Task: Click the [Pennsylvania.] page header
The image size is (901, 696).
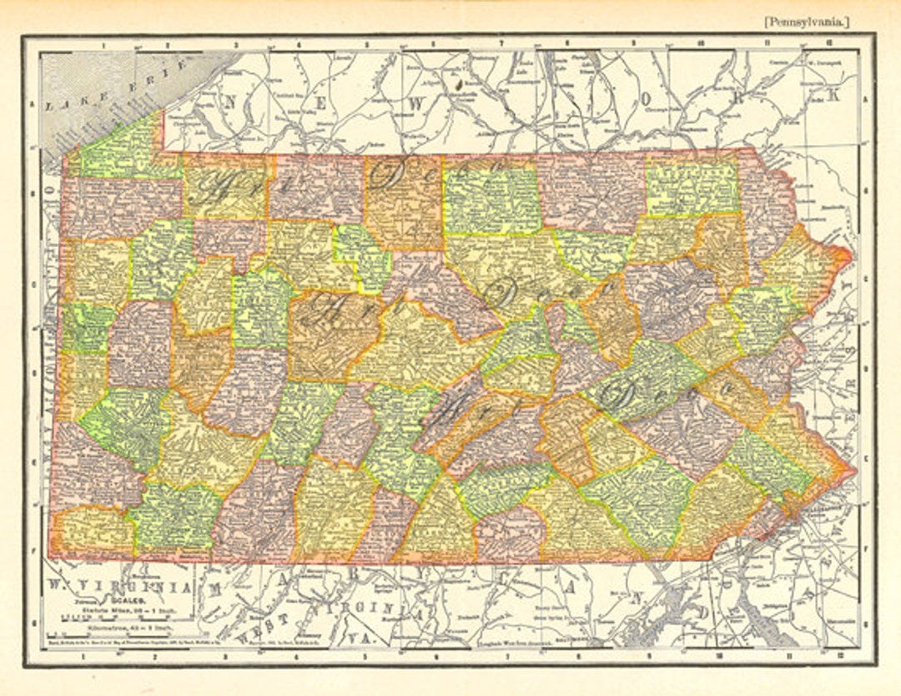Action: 806,23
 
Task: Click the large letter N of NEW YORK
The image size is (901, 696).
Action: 233,101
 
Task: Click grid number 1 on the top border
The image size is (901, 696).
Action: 103,45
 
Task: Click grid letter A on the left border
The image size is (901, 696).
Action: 32,105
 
